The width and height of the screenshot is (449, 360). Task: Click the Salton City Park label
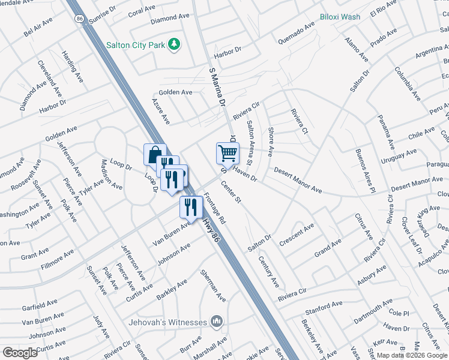click(x=136, y=44)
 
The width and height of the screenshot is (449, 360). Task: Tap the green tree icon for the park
click(x=174, y=44)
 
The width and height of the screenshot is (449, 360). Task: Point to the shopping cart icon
click(x=228, y=153)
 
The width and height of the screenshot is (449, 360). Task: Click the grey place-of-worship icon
click(x=216, y=322)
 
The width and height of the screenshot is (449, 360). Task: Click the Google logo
click(x=20, y=353)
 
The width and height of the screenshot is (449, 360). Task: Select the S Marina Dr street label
click(x=217, y=87)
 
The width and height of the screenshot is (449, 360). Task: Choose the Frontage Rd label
click(x=214, y=208)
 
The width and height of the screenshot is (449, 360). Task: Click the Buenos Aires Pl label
click(x=364, y=170)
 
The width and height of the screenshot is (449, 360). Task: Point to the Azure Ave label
click(x=161, y=112)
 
